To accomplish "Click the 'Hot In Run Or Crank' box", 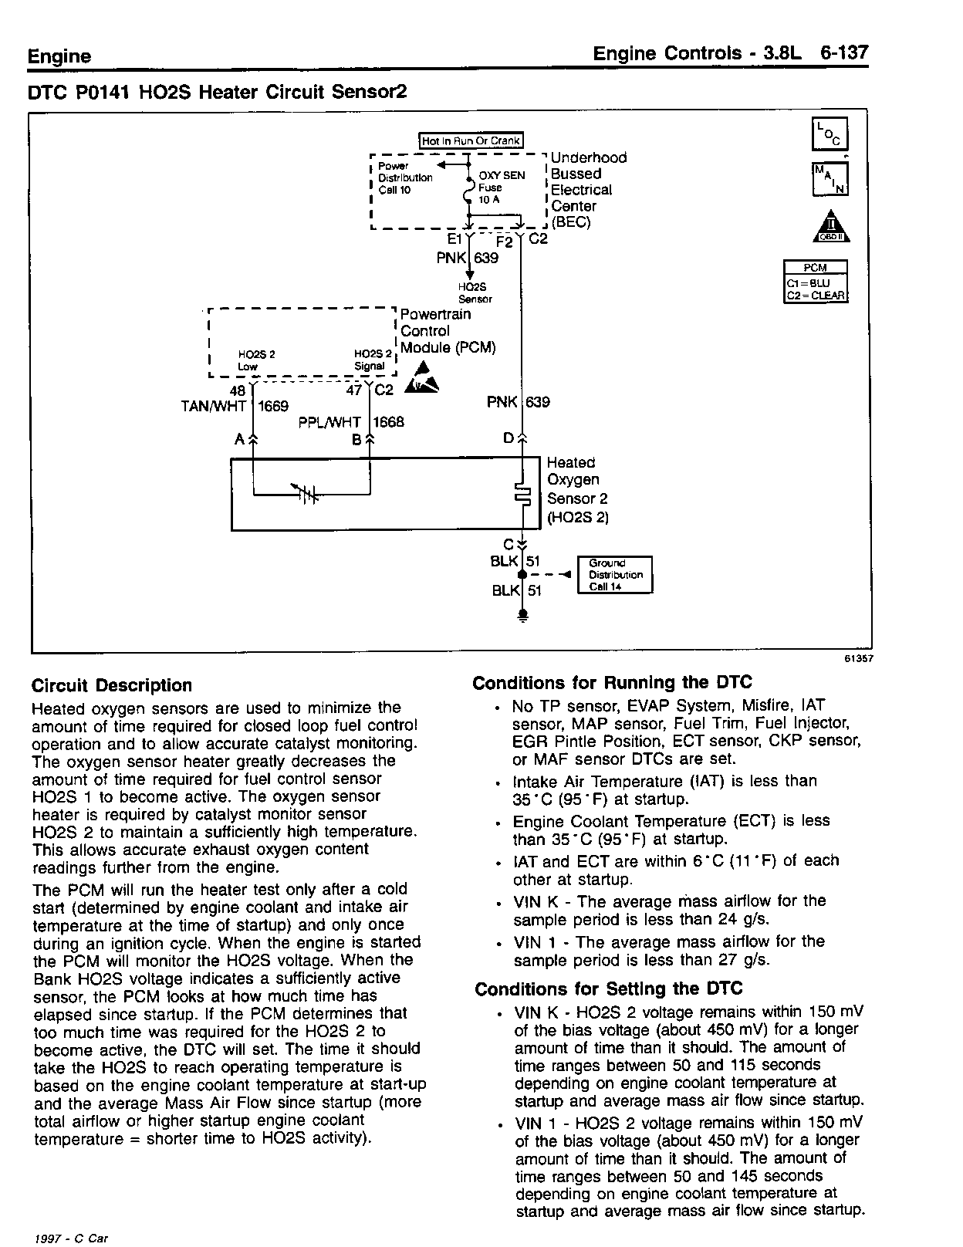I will pos(471,141).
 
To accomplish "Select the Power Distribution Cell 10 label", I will pos(405,178).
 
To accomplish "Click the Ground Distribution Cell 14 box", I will pos(615,575).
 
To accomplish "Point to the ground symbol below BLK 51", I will pos(522,615).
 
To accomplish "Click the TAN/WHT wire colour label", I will pos(214,407).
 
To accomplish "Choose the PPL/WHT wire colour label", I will pos(329,423).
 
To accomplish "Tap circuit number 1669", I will pos(272,407).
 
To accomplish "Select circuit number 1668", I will pos(388,423).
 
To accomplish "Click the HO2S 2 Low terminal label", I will pos(256,360).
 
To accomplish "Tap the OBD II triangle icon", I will pos(830,226).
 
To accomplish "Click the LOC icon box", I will pos(830,134).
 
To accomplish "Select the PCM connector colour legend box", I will pos(816,282).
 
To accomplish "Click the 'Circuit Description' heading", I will pos(112,685).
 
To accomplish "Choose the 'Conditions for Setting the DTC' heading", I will pos(609,989).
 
